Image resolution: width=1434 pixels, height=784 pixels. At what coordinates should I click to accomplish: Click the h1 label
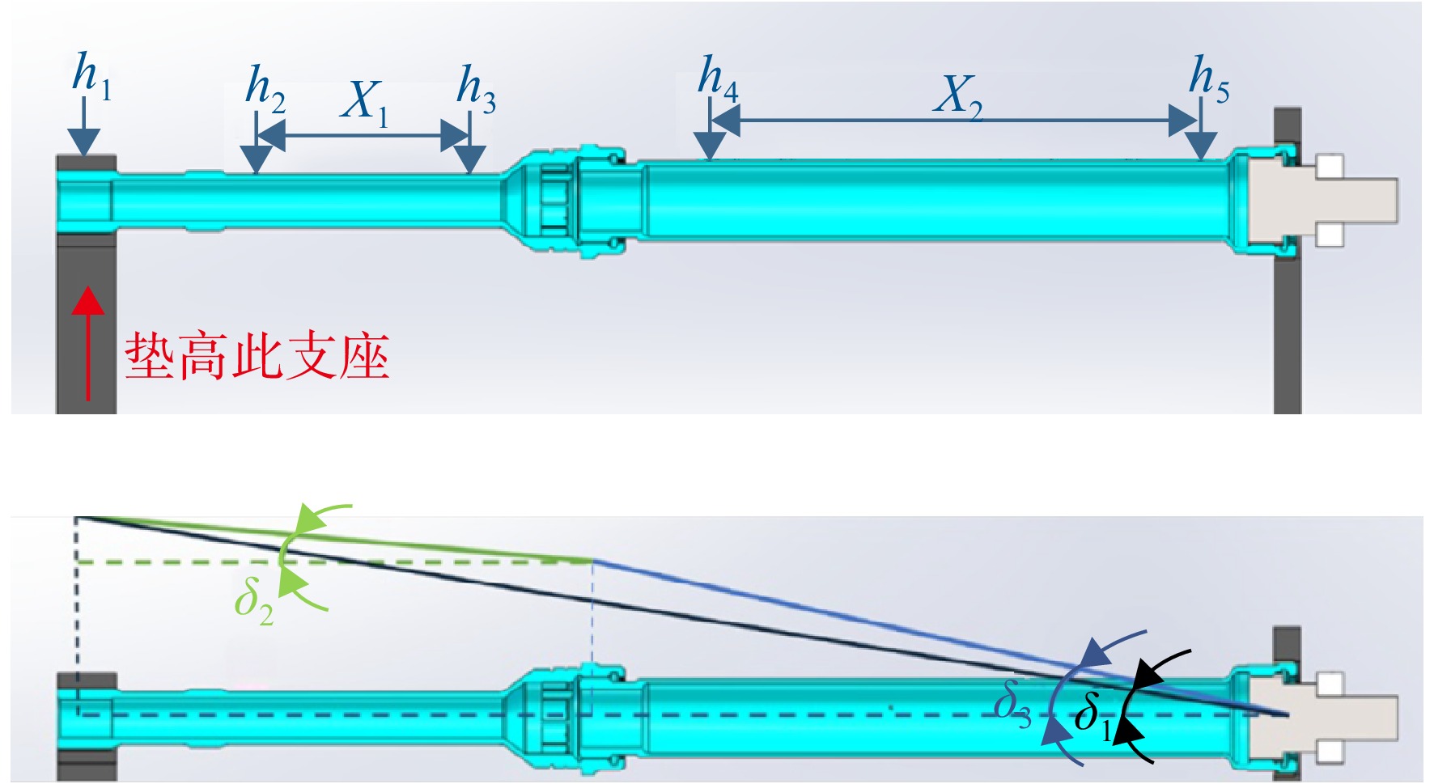click(x=91, y=74)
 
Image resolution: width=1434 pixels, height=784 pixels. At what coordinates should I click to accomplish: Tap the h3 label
click(x=476, y=87)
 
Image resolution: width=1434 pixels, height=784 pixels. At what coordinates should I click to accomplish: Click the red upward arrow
click(x=88, y=343)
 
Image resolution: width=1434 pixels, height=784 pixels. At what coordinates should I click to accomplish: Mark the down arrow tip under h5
click(x=1202, y=159)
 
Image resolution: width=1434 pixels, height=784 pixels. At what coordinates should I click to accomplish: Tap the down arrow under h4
click(x=711, y=131)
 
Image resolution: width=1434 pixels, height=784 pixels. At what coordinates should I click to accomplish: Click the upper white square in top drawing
click(x=1330, y=167)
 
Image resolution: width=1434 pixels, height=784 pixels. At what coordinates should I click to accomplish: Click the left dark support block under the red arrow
click(x=87, y=324)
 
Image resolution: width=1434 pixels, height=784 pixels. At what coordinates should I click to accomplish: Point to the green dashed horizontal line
click(x=334, y=561)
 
